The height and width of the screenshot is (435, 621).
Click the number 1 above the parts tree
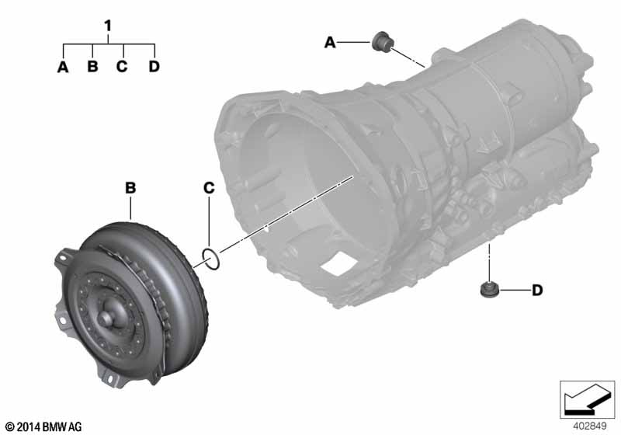[108, 26]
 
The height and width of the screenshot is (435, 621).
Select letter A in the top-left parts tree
[63, 67]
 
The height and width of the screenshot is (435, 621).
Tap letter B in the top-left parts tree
[92, 67]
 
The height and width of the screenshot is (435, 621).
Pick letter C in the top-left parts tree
[122, 67]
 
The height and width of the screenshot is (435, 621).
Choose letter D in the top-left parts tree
[153, 67]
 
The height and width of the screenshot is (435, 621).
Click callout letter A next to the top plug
[330, 44]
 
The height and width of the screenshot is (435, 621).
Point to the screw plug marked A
[381, 41]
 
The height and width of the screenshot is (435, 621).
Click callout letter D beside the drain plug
[536, 291]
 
